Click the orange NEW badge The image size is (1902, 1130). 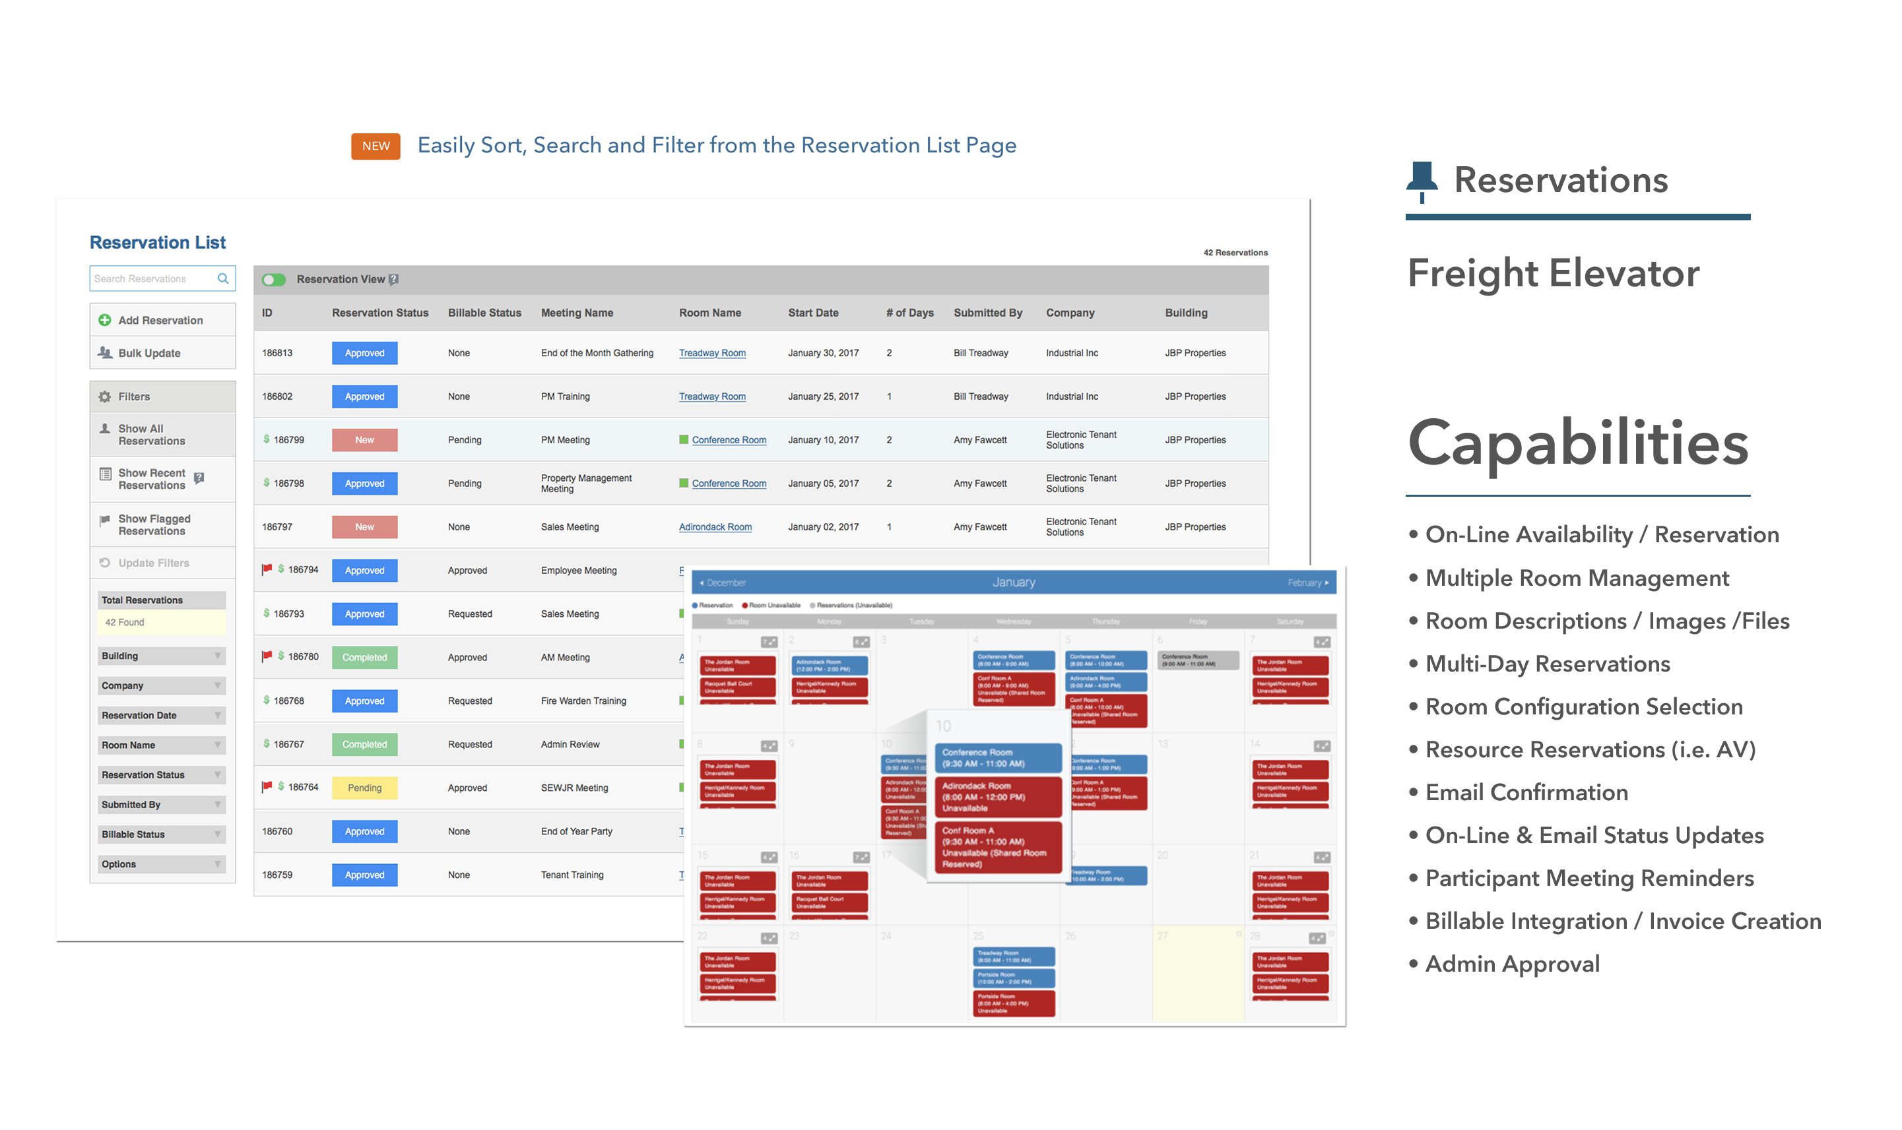(376, 146)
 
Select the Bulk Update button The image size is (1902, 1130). (149, 354)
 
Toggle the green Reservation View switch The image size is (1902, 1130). (273, 280)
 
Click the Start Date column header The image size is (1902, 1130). (813, 313)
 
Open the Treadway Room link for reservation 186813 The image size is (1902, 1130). (712, 354)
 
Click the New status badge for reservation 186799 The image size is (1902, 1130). (364, 440)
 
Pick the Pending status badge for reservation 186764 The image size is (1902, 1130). (364, 788)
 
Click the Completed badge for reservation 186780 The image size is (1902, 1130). (364, 658)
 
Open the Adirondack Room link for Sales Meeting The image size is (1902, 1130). (715, 527)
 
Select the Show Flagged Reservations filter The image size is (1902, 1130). (154, 525)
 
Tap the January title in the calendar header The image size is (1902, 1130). (1013, 582)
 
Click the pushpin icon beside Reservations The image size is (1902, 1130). (1421, 181)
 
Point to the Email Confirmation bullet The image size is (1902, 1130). (1526, 793)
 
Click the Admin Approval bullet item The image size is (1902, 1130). (1511, 964)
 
